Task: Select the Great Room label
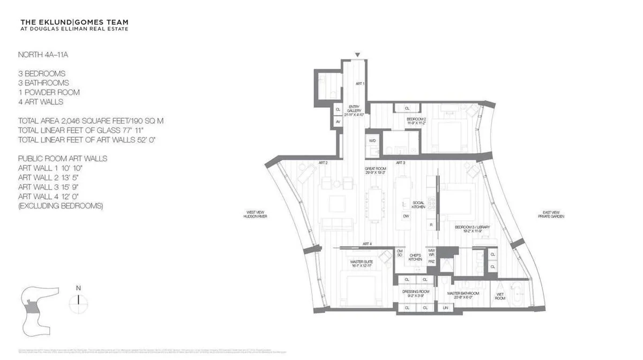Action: coord(375,170)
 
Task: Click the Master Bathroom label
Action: coord(464,295)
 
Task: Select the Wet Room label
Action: coord(500,295)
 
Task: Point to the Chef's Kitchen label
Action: coord(416,257)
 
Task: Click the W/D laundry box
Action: coord(372,140)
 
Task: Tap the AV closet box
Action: coord(338,122)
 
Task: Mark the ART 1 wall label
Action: coord(360,84)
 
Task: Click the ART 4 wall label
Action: coord(367,244)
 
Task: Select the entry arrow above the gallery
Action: coord(357,55)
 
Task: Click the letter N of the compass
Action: coord(78,288)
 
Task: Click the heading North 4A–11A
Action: coord(41,55)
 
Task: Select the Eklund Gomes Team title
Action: coord(74,22)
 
